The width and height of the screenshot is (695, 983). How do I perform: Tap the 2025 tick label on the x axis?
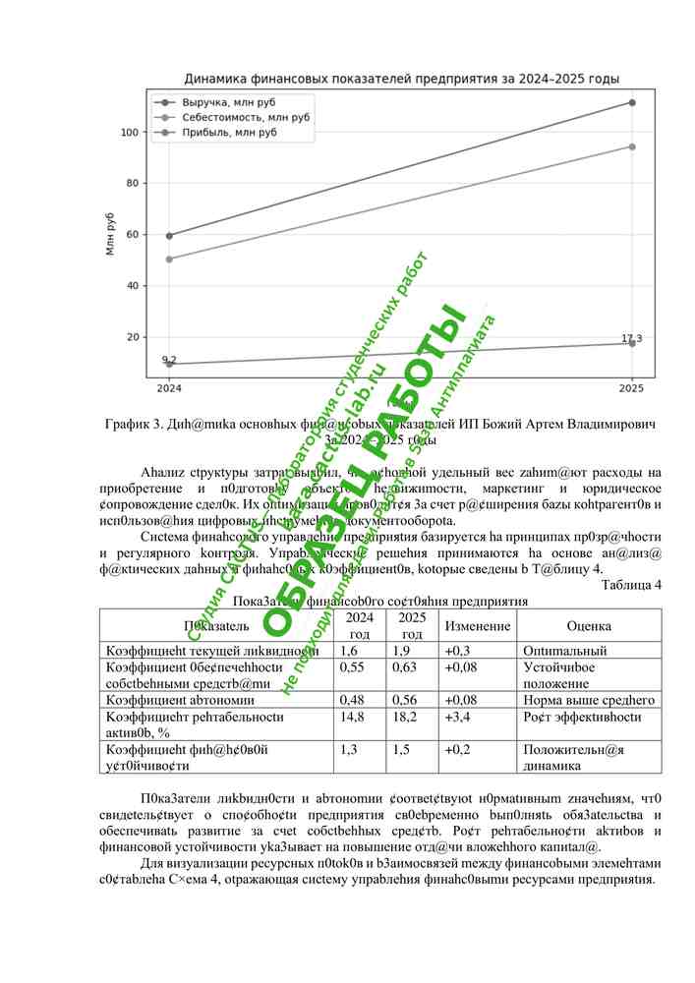pos(631,388)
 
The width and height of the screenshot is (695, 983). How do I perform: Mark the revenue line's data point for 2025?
pos(631,102)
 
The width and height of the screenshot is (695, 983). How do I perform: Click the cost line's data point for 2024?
pos(169,259)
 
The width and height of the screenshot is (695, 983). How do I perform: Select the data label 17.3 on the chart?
pos(631,338)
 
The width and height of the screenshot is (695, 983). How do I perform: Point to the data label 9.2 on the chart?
pos(169,360)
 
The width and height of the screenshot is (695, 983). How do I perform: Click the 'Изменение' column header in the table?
pos(477,626)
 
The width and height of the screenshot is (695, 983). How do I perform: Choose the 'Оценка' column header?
pos(589,626)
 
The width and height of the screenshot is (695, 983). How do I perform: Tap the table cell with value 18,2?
pos(399,717)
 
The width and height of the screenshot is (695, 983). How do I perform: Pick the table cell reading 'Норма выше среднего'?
pos(584,700)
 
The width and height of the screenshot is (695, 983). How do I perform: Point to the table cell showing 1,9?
pos(401,651)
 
